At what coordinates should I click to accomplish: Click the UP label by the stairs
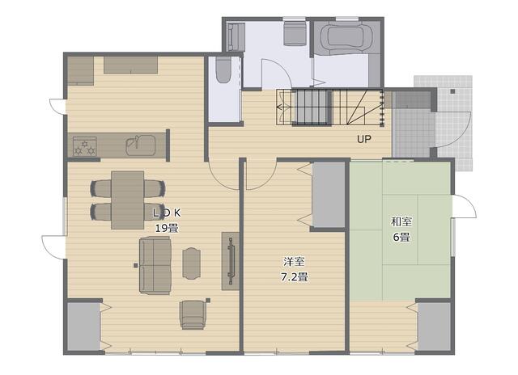pos(363,139)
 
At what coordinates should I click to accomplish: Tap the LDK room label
pos(167,213)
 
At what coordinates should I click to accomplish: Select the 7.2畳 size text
pos(295,277)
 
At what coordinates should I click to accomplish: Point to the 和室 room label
pos(401,221)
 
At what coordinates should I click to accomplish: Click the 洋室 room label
pos(294,262)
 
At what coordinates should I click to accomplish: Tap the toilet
pos(223,70)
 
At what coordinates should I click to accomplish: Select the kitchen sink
pos(140,145)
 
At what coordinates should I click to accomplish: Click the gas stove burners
pos(84,146)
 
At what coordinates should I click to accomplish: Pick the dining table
pos(128,200)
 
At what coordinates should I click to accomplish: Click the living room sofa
pos(155,265)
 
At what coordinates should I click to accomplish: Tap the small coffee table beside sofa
pos(192,263)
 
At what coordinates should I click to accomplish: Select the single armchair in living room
pos(193,314)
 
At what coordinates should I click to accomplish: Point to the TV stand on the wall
pos(230,261)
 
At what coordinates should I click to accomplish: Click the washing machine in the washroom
pos(294,33)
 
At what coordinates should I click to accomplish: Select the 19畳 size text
pos(167,228)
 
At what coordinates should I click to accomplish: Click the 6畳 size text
pos(401,237)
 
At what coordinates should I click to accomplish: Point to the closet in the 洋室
pos(329,195)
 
